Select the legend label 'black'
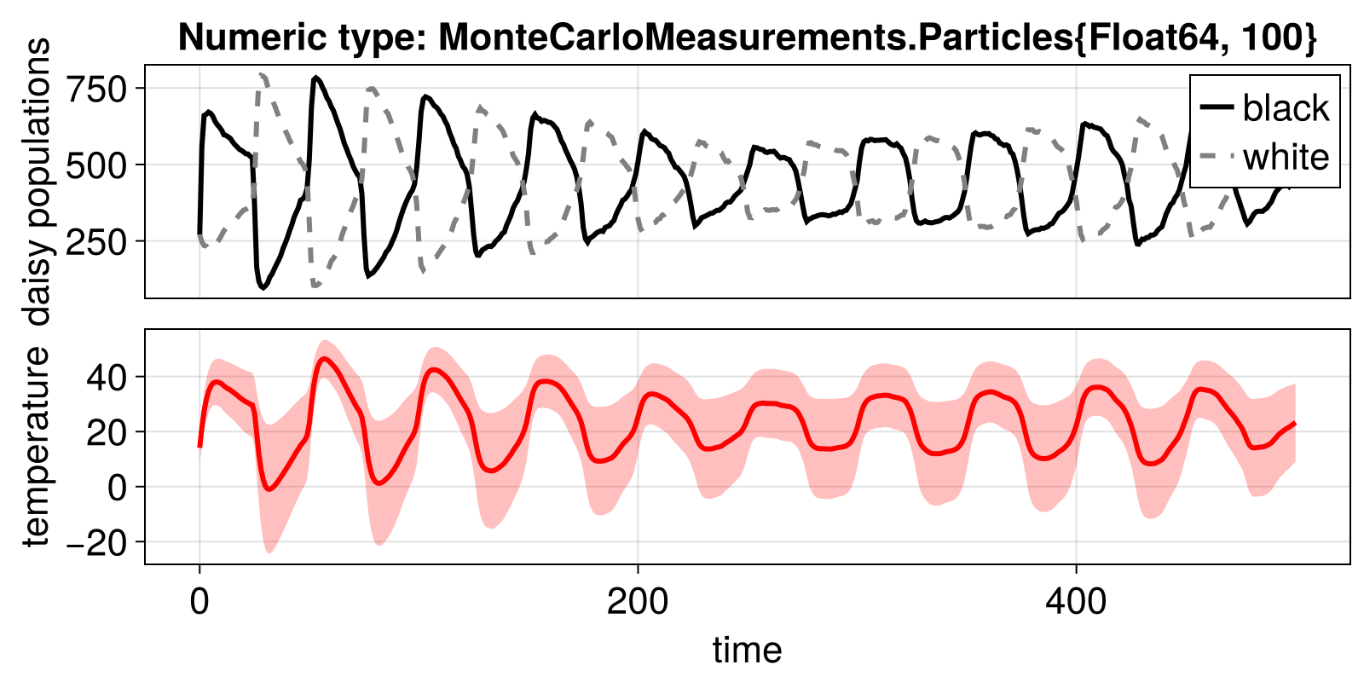pyautogui.click(x=1286, y=108)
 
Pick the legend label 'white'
pyautogui.click(x=1286, y=157)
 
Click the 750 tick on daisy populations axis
pyautogui.click(x=96, y=89)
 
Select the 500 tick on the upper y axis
pyautogui.click(x=96, y=165)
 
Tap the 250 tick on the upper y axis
pyautogui.click(x=96, y=241)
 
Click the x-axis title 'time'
pyautogui.click(x=747, y=650)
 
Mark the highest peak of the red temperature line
pyautogui.click(x=322, y=359)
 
